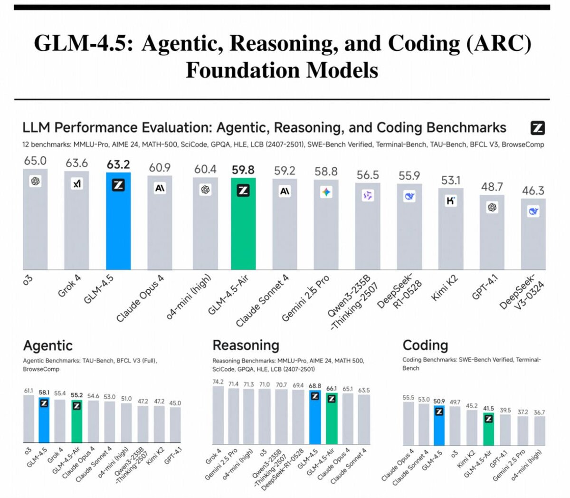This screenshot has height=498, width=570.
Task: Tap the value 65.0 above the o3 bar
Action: coord(35,161)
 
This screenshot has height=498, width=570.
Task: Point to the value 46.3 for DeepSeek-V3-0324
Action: coord(533,191)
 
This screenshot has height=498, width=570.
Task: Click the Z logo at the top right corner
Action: coord(537,128)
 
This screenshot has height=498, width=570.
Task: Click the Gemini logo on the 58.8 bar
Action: coord(326,192)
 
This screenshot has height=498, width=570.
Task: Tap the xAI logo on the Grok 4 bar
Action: coord(77,183)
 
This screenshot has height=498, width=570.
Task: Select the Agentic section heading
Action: coord(47,345)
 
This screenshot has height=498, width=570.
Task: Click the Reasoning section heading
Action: coord(246,345)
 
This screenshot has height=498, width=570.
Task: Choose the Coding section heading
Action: coord(425,345)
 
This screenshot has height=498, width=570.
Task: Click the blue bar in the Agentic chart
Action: coord(44,423)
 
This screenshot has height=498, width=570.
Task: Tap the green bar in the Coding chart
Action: coord(488,430)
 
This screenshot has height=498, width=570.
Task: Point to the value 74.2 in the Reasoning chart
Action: coord(218,382)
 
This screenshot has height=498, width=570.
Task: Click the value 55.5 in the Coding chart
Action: coord(408,398)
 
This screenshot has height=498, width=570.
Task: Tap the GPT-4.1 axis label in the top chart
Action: coord(485,287)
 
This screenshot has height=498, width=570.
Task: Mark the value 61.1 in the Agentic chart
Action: coord(29,391)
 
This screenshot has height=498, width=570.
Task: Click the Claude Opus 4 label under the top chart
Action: coord(141,297)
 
